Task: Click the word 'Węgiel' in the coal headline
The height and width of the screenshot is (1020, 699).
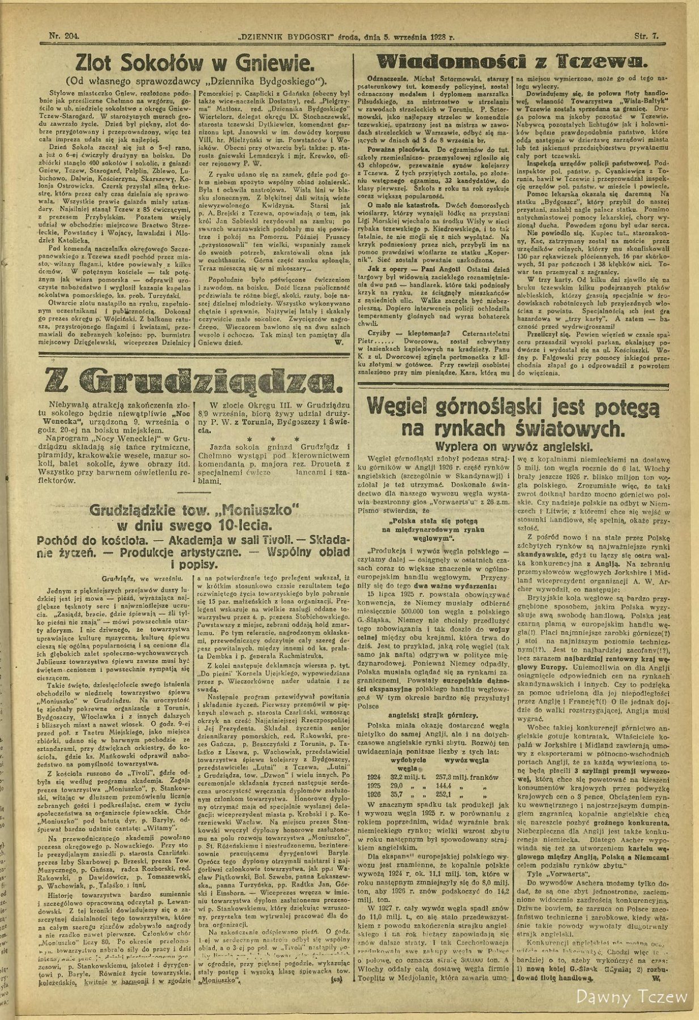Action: [x=401, y=406]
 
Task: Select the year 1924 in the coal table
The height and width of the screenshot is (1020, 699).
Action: [x=374, y=777]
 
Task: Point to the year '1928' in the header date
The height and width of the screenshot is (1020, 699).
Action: [x=439, y=36]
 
